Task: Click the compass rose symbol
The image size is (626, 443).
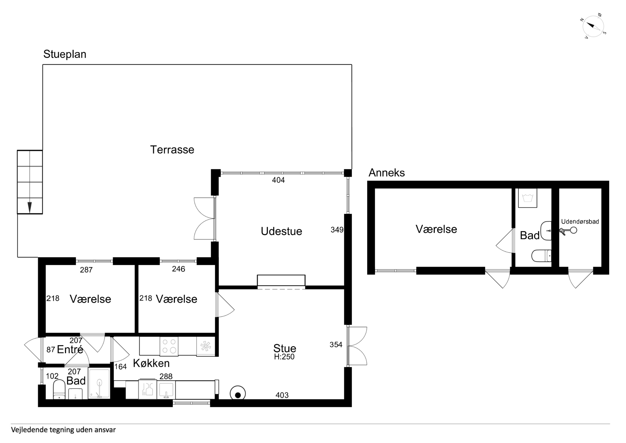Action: tap(593, 26)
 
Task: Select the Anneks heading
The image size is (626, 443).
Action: tap(387, 173)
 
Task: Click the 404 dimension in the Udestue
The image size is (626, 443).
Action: tap(278, 180)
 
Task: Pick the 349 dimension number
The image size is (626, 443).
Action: tap(337, 230)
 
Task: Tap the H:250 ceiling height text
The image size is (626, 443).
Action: tap(284, 357)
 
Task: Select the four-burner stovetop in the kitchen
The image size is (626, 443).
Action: tap(169, 346)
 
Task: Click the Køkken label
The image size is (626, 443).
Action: tap(151, 363)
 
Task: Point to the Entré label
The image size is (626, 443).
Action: tap(70, 349)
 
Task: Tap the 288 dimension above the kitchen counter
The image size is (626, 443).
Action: tap(166, 377)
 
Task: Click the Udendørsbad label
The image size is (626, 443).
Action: tap(580, 222)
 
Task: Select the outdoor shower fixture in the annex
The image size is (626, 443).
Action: tap(568, 231)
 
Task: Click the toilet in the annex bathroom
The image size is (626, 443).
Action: tap(542, 256)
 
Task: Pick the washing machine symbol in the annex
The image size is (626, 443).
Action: tap(528, 198)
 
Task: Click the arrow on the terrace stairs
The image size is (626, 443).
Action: tap(30, 207)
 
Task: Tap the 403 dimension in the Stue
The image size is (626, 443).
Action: tap(282, 395)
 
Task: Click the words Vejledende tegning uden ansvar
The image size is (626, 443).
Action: tap(63, 430)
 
